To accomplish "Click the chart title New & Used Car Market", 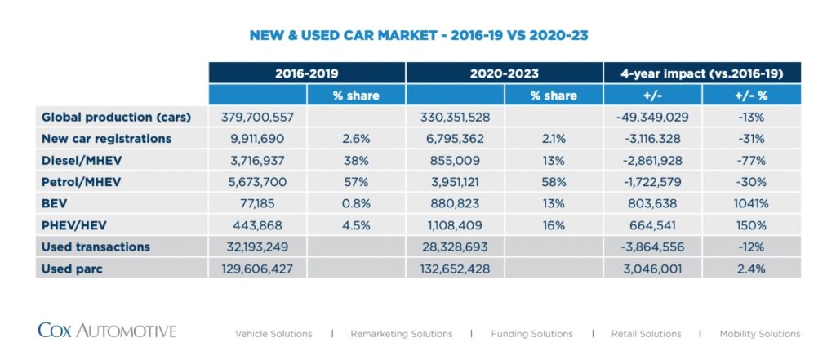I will pyautogui.click(x=418, y=36).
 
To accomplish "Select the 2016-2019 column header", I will pyautogui.click(x=306, y=73).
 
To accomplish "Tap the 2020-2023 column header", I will pyautogui.click(x=504, y=73).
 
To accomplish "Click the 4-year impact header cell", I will pyautogui.click(x=702, y=73).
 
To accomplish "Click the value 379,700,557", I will pyautogui.click(x=257, y=117).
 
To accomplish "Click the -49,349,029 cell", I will pyautogui.click(x=652, y=117).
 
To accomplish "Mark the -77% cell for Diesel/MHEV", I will pyautogui.click(x=751, y=161).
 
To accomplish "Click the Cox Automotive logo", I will pyautogui.click(x=107, y=331).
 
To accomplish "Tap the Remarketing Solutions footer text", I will pyautogui.click(x=401, y=334).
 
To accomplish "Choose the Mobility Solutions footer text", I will pyautogui.click(x=759, y=334).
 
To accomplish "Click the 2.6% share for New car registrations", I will pyautogui.click(x=356, y=139).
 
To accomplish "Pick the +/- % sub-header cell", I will pyautogui.click(x=751, y=96).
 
